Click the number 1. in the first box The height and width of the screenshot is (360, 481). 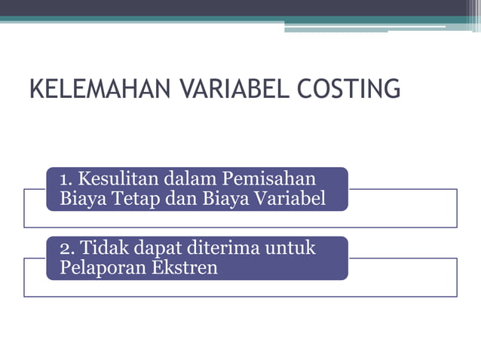(x=66, y=179)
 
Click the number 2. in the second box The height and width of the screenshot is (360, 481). (x=67, y=248)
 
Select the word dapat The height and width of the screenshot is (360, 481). (x=161, y=249)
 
